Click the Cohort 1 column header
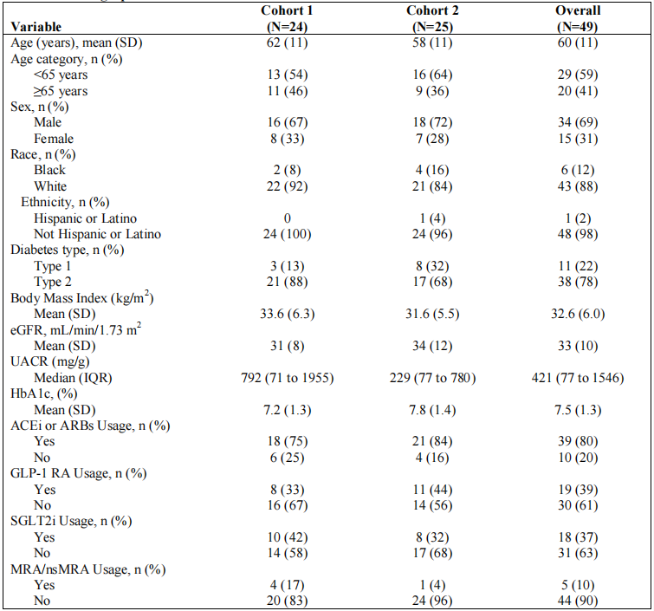coord(287,18)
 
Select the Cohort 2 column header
coord(432,18)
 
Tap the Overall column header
coord(578,18)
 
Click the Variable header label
coord(36,27)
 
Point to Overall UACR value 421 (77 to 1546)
coord(578,378)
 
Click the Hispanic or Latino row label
coord(85,218)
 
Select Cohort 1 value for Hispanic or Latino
coord(287,218)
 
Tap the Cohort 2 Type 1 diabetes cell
coord(432,266)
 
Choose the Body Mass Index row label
coord(81,297)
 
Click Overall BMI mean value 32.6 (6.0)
coord(578,314)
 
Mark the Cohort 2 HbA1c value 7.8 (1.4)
coord(432,410)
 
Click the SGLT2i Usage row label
coord(71,521)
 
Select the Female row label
coord(54,138)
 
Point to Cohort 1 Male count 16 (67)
coord(287,122)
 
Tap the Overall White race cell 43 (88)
coord(578,186)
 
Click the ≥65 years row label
coord(61,91)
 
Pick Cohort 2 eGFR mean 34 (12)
coord(432,346)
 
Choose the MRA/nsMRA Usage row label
coord(88,569)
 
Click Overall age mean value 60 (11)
coord(578,42)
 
